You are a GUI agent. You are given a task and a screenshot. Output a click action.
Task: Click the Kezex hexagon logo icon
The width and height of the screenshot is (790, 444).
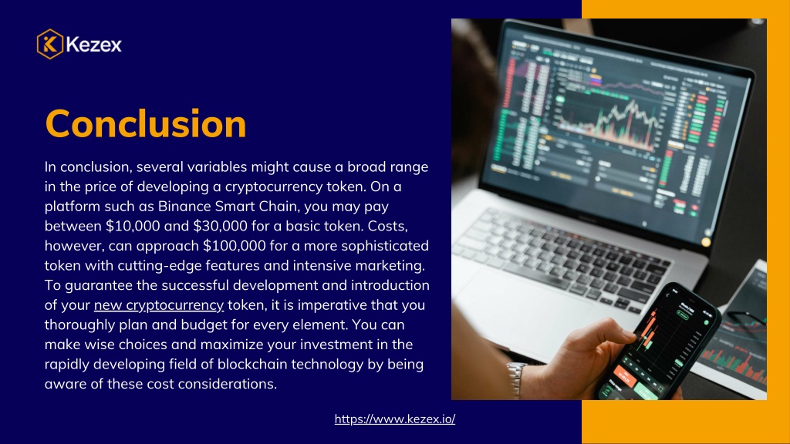tap(50, 44)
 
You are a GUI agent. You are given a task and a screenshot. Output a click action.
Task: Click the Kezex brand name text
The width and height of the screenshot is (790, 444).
tap(93, 45)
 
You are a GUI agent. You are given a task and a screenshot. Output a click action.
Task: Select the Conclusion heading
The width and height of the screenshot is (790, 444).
tap(146, 123)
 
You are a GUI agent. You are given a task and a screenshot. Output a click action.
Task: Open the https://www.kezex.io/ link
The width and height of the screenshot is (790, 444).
tap(395, 419)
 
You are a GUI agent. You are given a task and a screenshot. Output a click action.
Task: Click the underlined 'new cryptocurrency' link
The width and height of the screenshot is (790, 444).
tap(159, 305)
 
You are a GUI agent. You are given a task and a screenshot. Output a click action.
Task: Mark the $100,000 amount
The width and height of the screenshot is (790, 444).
tap(235, 246)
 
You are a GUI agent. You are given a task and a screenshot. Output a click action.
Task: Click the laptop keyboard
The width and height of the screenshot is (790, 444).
tap(559, 257)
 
